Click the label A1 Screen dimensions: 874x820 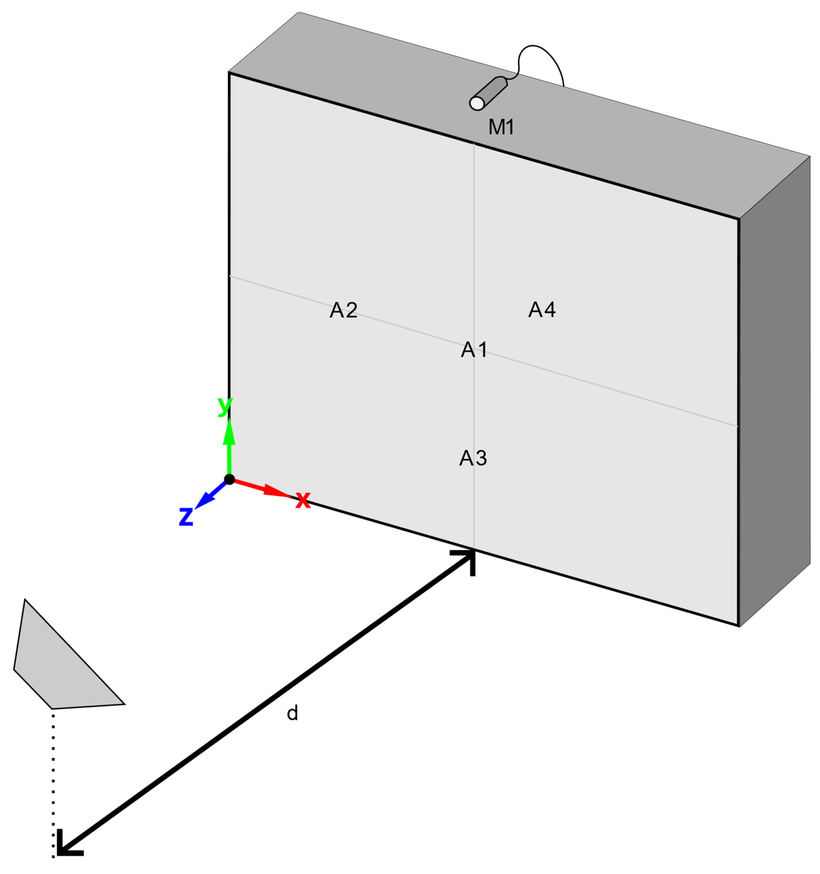474,350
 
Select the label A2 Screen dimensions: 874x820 343,310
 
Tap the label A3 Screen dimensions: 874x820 473,458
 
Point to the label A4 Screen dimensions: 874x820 541,310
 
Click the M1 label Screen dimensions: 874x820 501,127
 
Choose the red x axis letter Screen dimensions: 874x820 303,500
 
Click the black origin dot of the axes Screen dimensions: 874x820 229,479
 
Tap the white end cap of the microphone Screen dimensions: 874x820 477,103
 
